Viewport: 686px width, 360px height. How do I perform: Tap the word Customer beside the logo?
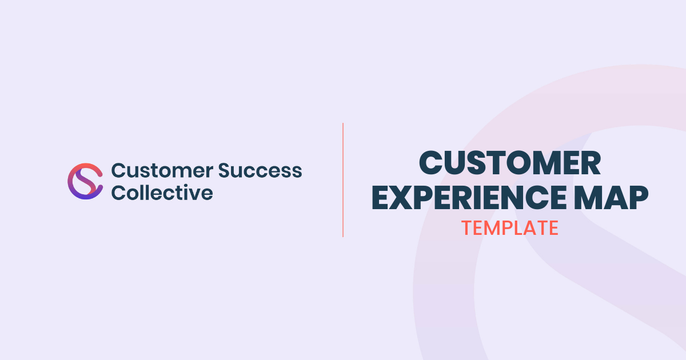pyautogui.click(x=162, y=170)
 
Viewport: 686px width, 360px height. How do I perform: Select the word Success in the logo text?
pyautogui.click(x=260, y=170)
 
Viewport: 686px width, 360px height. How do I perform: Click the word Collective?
pyautogui.click(x=162, y=193)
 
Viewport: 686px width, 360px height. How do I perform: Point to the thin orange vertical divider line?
pyautogui.click(x=342, y=180)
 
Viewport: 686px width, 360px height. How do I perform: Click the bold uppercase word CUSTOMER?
pyautogui.click(x=509, y=163)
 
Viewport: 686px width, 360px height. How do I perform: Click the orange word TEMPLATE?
pyautogui.click(x=510, y=228)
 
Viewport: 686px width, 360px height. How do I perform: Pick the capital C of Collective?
pyautogui.click(x=118, y=193)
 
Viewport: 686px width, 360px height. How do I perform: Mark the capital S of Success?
pyautogui.click(x=225, y=170)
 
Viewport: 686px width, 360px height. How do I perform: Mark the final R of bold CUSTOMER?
pyautogui.click(x=591, y=163)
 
